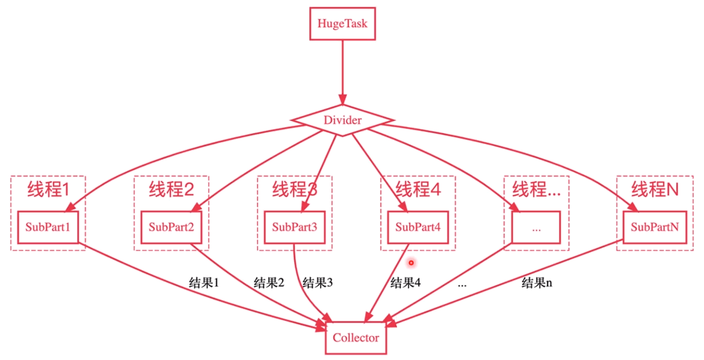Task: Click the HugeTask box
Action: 342,23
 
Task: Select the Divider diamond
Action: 342,120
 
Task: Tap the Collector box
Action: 356,338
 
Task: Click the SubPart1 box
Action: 48,227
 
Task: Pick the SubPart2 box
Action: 171,227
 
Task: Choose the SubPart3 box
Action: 294,227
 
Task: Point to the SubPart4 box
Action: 418,227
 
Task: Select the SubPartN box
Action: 655,227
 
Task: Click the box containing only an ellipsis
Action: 536,227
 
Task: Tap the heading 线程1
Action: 48,189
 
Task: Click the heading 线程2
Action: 172,189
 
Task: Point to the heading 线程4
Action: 418,189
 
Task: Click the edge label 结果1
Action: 203,283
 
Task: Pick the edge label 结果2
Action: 269,283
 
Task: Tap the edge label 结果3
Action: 318,283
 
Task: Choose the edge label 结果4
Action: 405,283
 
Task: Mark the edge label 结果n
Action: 537,283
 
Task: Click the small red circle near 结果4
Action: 411,263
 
